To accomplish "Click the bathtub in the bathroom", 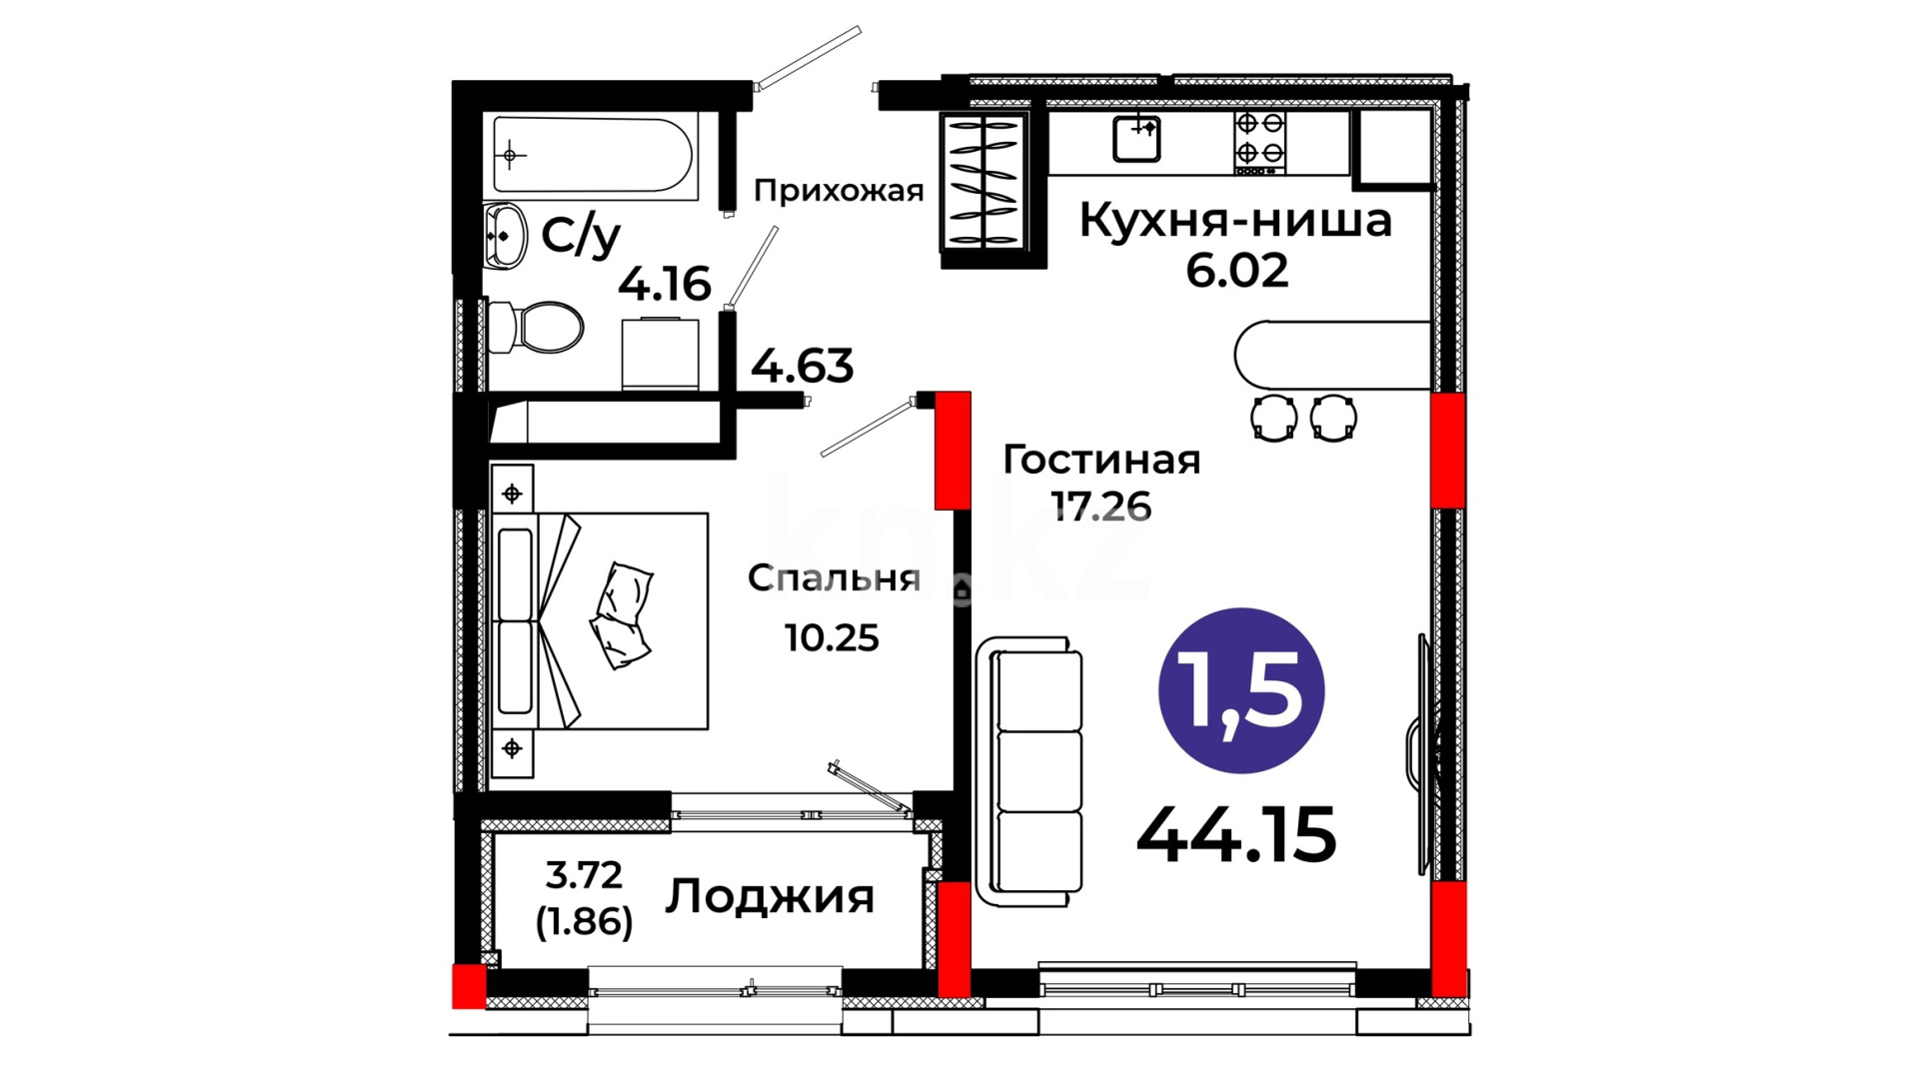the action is [593, 156].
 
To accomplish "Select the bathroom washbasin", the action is [505, 237].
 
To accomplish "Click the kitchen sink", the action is [1137, 139].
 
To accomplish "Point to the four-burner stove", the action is [1259, 143].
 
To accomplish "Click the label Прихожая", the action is [839, 191].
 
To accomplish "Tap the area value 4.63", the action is [803, 366].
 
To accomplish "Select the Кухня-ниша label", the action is [1235, 220].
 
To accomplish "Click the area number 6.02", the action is [1237, 271].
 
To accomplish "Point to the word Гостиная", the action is [1101, 460].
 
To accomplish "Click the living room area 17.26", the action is [1101, 508].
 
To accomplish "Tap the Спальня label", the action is [835, 578].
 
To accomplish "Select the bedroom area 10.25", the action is [832, 637].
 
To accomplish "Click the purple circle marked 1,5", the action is [1241, 690].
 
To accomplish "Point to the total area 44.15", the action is [1236, 835].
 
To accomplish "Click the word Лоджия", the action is [770, 896].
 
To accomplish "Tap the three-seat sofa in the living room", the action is [1029, 772].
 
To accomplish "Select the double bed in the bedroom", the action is [600, 621].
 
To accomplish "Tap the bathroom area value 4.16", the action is [665, 284].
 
